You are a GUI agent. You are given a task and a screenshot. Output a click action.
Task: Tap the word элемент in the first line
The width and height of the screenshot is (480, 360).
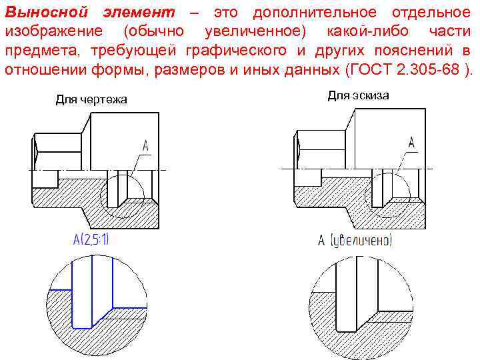(139, 13)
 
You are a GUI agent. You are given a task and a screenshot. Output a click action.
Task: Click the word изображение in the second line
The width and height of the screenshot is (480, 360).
(54, 32)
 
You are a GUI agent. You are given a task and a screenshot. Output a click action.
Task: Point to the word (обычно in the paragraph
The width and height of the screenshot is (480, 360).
(157, 32)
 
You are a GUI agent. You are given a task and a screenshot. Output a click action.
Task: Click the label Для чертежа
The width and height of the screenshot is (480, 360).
(91, 100)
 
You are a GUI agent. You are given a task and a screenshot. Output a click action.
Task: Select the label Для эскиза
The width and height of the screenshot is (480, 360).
(358, 95)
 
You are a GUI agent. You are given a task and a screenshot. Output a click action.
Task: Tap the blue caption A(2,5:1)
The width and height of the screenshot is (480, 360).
(91, 239)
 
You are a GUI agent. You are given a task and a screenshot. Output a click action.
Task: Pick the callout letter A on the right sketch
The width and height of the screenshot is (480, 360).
(411, 143)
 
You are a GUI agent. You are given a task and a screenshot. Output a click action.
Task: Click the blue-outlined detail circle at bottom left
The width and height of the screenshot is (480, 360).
(91, 307)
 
